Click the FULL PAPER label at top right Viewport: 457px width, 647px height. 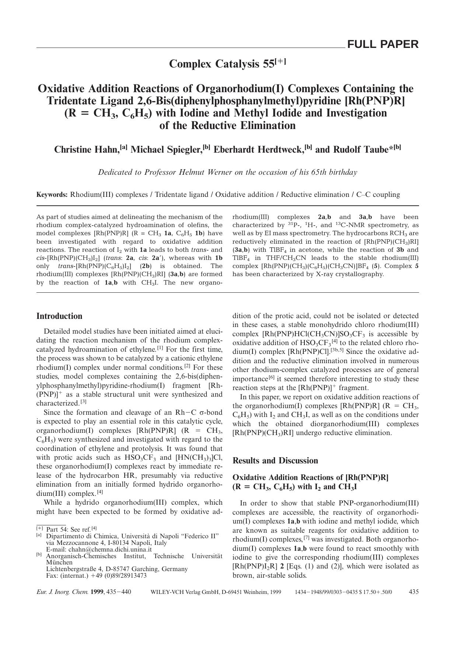383,44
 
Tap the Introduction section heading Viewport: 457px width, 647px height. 59,316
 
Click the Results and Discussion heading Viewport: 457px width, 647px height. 275,461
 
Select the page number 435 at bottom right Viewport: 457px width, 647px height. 414,592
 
